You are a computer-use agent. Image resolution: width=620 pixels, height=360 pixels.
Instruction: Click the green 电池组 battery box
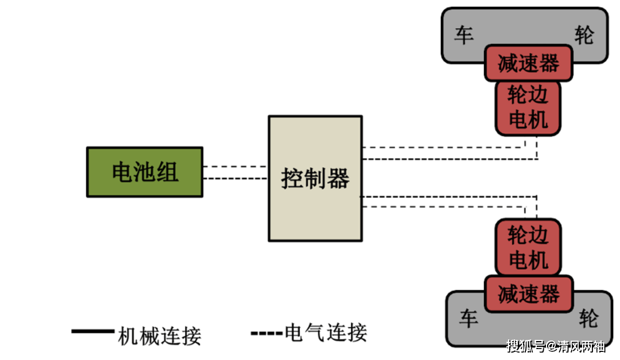(x=144, y=172)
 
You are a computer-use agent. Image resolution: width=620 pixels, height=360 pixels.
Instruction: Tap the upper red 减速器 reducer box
(x=528, y=63)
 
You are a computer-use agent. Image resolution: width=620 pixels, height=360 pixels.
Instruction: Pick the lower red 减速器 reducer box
(x=528, y=294)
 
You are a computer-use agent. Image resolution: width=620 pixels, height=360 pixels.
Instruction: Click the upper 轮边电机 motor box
(x=528, y=108)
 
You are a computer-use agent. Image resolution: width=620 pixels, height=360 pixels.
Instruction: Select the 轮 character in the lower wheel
(x=588, y=319)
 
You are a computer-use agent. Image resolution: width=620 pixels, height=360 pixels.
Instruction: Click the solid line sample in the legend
(x=92, y=331)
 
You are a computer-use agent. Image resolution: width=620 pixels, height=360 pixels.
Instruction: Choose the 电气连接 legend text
(x=325, y=333)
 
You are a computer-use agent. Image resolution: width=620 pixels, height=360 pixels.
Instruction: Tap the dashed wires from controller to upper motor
(x=448, y=153)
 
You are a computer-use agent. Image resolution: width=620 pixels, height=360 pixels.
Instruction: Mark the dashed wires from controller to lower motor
(x=448, y=201)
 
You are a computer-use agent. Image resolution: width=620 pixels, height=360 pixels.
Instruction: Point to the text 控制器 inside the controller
(x=315, y=179)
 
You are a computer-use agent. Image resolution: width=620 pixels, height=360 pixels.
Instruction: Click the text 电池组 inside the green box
(x=145, y=172)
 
